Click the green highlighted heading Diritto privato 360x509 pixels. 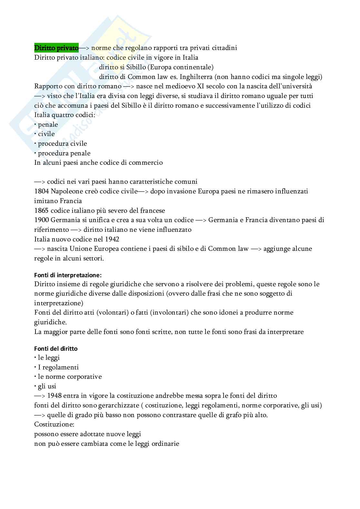tap(56, 48)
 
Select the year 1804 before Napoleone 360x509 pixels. tap(41, 191)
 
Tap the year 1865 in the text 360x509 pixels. tap(41, 211)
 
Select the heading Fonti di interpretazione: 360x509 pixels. tap(68, 275)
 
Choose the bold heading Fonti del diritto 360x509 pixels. tap(56, 348)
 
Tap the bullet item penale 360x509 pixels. tap(48, 124)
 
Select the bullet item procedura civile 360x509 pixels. tap(62, 143)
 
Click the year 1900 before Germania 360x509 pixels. tap(41, 220)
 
